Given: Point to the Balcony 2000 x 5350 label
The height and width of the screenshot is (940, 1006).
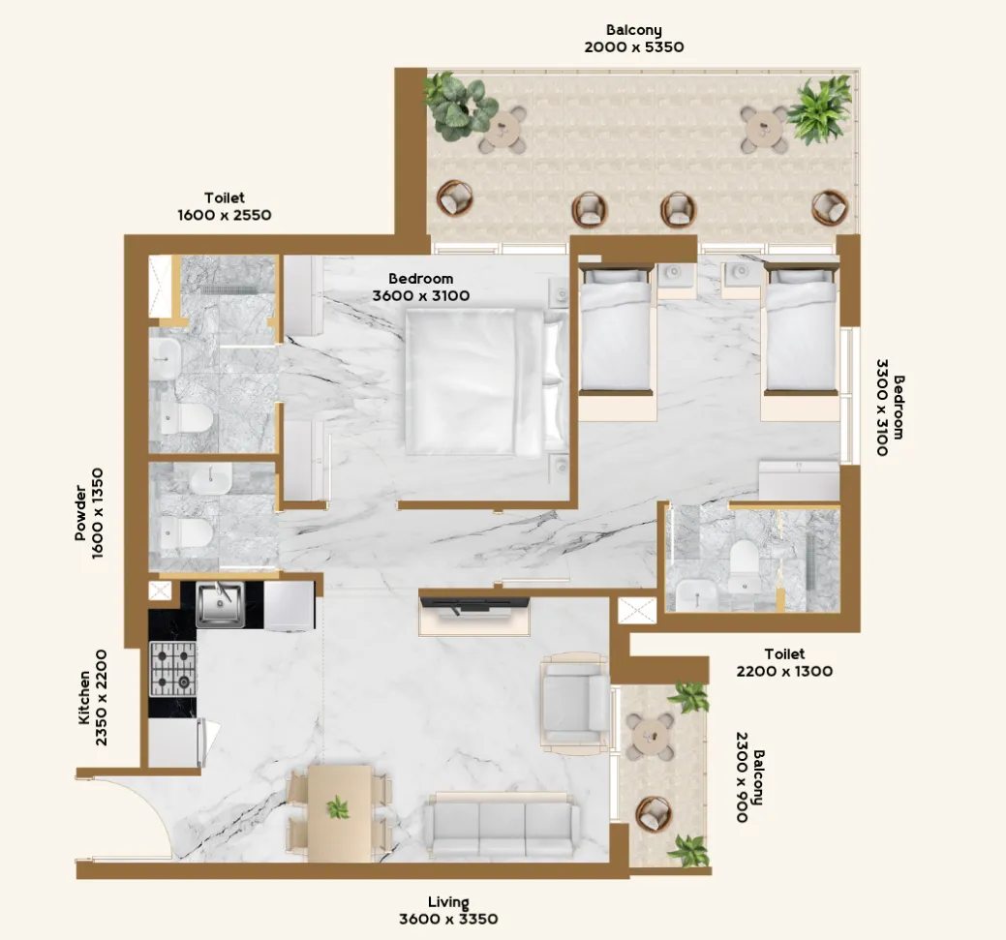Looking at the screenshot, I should (635, 38).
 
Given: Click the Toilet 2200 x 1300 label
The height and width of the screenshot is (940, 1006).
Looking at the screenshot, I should (783, 662).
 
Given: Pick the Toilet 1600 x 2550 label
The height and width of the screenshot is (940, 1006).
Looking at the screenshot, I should (224, 206).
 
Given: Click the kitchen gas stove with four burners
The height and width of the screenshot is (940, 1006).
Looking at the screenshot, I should (173, 669).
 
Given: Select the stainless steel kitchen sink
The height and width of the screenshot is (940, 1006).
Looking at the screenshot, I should (220, 604).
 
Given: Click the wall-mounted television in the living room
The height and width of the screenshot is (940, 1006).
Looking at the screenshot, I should (474, 605).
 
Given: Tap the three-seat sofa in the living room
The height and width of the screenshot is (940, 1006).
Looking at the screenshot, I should (501, 827).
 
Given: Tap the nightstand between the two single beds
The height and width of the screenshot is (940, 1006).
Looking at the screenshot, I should (675, 277).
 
